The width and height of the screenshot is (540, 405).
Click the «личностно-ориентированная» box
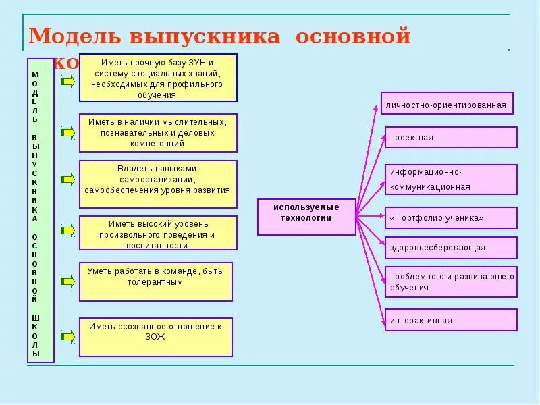tap(447, 104)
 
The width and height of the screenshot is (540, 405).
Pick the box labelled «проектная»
tap(451, 137)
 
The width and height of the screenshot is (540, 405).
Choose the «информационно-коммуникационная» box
tap(451, 179)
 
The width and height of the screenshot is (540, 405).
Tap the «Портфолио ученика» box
tap(451, 218)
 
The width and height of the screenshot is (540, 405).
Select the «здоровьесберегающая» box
tap(451, 248)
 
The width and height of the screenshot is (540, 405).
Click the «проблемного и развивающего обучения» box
tap(451, 281)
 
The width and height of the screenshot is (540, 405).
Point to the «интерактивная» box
tap(451, 320)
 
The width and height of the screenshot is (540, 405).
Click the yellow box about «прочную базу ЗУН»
tap(158, 77)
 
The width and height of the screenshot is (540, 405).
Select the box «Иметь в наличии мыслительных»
tap(158, 133)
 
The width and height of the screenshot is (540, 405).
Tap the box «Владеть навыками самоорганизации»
tap(158, 180)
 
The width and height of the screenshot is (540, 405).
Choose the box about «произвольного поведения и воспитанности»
tap(158, 233)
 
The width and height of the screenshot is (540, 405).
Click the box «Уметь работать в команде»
tap(155, 281)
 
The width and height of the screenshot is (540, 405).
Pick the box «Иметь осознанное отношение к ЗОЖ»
tap(155, 336)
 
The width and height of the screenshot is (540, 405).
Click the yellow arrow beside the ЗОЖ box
tap(67, 335)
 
